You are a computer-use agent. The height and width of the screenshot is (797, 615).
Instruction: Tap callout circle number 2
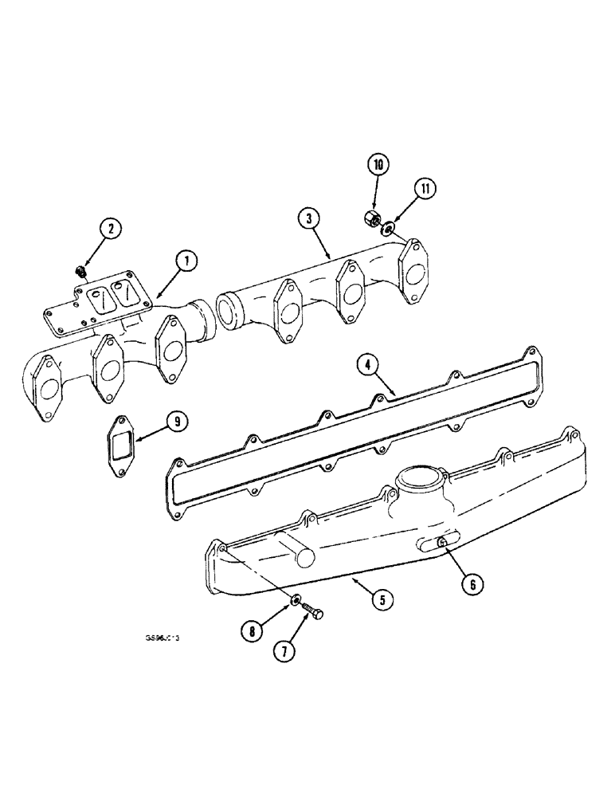click(111, 229)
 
